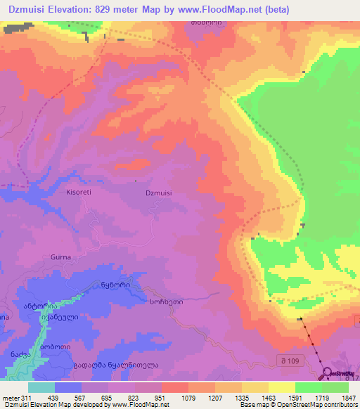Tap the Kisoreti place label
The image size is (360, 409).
(79, 191)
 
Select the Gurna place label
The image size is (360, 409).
(60, 258)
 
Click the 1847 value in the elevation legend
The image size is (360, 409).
(340, 399)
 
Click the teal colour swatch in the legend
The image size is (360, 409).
(41, 387)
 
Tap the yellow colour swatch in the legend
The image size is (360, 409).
(282, 387)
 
